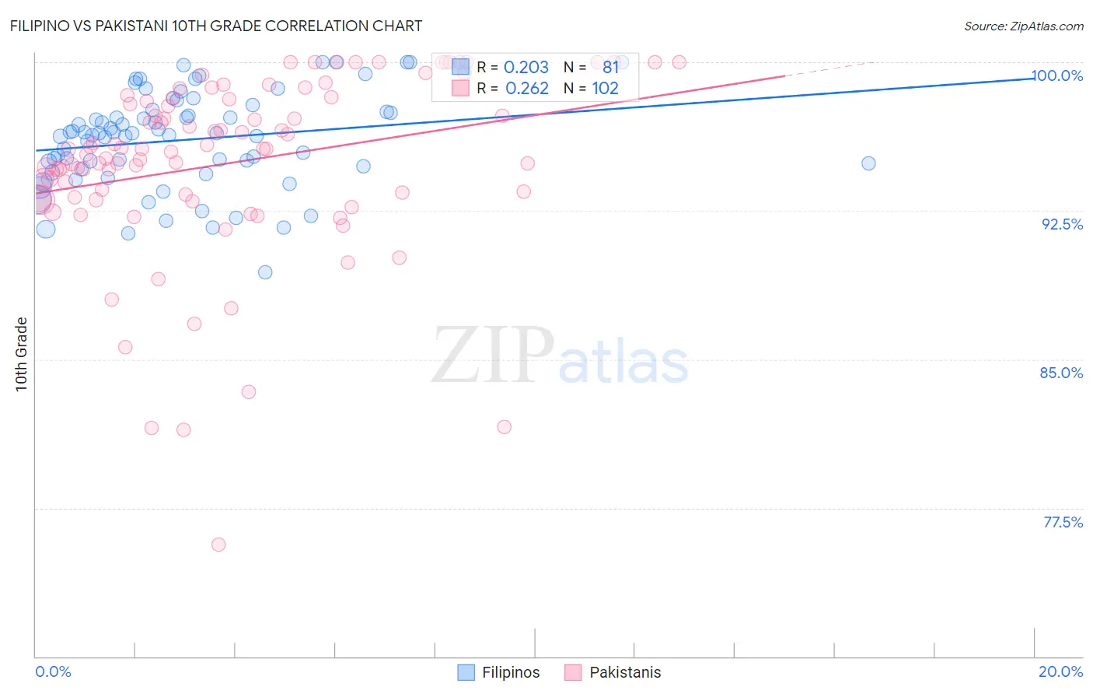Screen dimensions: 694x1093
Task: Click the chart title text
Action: (217, 26)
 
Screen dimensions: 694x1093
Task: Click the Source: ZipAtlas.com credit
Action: (1023, 26)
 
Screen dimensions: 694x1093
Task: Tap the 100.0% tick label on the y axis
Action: (1056, 75)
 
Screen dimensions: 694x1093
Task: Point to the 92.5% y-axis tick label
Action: (1062, 224)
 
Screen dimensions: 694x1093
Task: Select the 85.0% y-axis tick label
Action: (1061, 373)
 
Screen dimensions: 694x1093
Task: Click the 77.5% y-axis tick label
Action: (1063, 522)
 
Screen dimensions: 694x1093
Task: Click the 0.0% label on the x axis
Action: (53, 671)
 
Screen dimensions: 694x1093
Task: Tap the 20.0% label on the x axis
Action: (1060, 671)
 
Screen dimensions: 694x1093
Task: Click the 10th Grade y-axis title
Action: (22, 354)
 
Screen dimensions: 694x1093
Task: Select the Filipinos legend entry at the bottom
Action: (498, 672)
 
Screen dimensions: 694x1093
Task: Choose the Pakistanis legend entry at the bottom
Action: (613, 672)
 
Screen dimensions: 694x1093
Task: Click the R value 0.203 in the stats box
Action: (526, 68)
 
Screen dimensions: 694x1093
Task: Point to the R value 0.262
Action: (526, 89)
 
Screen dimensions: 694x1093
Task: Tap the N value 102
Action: (605, 89)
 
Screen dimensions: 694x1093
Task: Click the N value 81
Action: (610, 68)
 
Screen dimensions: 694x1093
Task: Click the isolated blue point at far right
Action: (868, 163)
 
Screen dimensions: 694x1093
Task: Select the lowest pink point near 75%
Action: (218, 545)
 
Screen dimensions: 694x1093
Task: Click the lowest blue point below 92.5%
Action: (265, 272)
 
